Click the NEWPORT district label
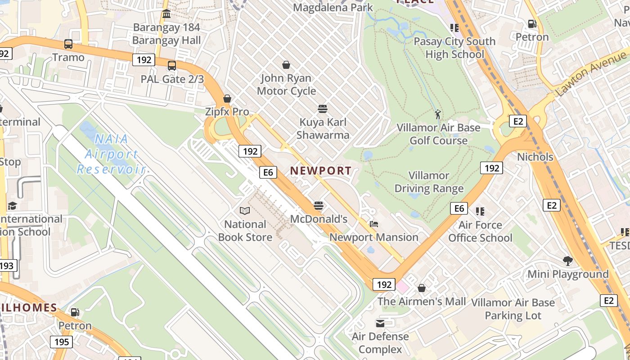[320, 171]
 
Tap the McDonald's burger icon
[319, 206]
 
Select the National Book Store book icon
[245, 211]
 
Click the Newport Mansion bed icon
[373, 224]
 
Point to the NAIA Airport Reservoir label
[111, 154]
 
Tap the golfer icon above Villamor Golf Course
[438, 114]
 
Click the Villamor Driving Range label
[429, 182]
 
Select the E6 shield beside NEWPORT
[268, 172]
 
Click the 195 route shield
[61, 342]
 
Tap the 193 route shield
[7, 265]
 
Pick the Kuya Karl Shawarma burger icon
[322, 108]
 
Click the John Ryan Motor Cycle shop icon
[286, 65]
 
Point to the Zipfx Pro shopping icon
[227, 99]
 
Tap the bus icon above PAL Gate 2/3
[172, 66]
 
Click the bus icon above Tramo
[68, 44]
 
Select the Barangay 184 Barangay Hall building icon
[166, 14]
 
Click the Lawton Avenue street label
[591, 73]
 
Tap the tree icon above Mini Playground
[568, 261]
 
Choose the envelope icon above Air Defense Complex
[380, 323]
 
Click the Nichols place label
[535, 157]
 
